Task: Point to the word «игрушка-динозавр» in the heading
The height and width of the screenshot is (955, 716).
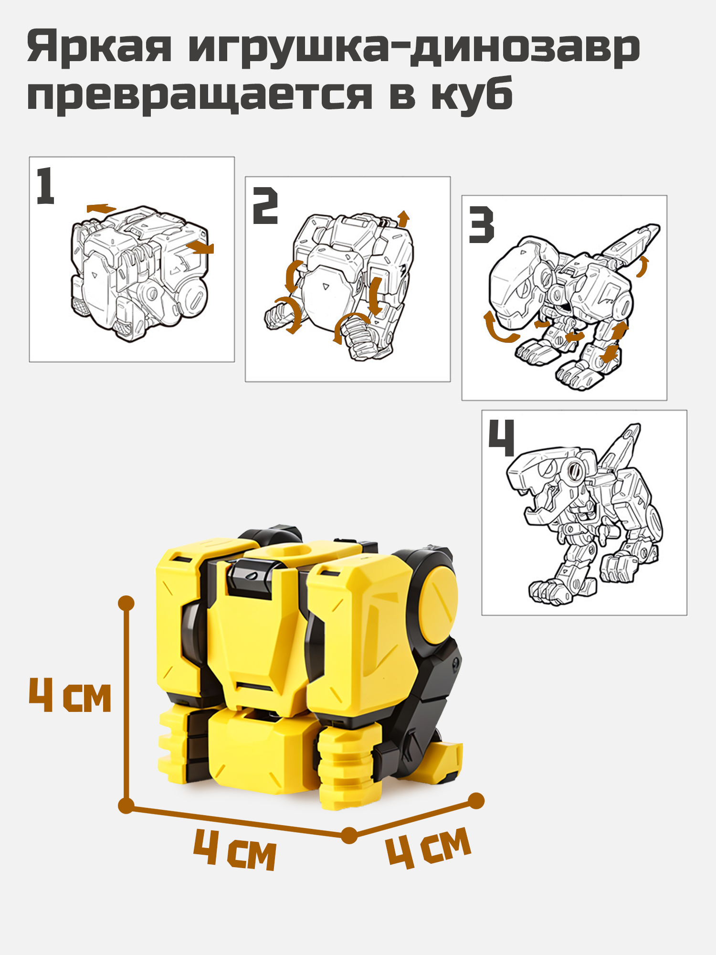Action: coord(414,48)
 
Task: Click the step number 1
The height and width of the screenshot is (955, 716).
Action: coord(45,186)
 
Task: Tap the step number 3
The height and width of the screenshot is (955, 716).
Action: coord(481,224)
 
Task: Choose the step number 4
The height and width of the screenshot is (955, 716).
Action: coord(501,438)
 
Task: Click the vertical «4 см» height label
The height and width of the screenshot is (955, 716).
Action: coord(70,696)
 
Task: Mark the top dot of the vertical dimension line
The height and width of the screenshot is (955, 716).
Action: coord(126,603)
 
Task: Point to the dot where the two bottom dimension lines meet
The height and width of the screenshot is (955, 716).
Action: coord(349,836)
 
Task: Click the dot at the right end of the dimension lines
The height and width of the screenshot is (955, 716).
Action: coord(476,801)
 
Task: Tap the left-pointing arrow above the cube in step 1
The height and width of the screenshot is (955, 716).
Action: coord(101,208)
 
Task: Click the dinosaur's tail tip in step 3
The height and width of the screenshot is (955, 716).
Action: coord(656,227)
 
